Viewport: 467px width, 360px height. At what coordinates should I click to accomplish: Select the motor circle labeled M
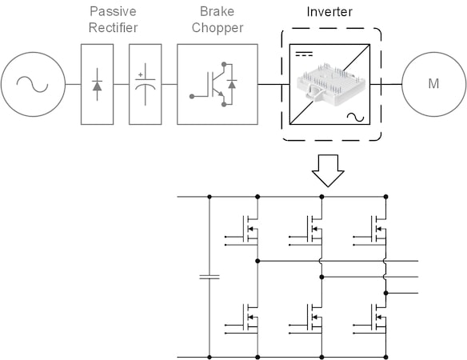pyautogui.click(x=433, y=84)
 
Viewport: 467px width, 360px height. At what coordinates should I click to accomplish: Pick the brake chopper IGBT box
pyautogui.click(x=217, y=84)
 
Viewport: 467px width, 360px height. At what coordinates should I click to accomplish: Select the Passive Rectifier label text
pyautogui.click(x=112, y=19)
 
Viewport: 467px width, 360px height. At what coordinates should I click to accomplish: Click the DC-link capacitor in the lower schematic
pyautogui.click(x=209, y=278)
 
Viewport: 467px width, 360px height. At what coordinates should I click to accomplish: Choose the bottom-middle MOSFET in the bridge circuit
pyautogui.click(x=311, y=320)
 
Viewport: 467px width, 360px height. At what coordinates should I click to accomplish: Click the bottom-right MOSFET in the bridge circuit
pyautogui.click(x=376, y=320)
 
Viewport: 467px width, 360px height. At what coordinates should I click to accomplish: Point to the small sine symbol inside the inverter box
pyautogui.click(x=353, y=118)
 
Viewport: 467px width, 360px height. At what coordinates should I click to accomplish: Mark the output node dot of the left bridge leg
pyautogui.click(x=257, y=261)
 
